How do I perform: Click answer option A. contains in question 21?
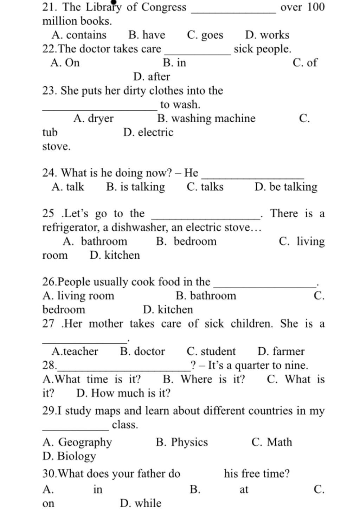79,35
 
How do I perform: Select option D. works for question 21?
267,35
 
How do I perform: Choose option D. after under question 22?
152,77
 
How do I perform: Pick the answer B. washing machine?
206,118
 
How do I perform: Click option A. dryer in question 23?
93,118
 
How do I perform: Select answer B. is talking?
135,187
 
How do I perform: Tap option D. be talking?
286,187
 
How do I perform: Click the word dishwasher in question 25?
139,228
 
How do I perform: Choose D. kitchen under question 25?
115,255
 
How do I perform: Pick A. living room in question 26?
78,296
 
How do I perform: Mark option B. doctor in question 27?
142,352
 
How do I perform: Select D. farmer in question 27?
281,352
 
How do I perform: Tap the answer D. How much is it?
123,393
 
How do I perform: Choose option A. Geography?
77,442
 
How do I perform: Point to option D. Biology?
69,456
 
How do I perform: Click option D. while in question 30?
141,503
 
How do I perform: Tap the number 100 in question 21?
316,7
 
